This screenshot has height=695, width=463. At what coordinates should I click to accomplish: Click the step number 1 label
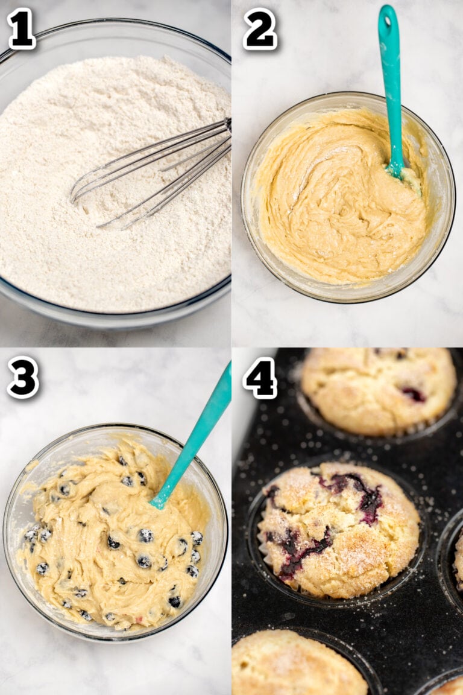21,28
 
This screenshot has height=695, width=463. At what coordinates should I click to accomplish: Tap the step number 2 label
259,28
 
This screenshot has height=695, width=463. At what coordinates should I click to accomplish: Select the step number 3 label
23,378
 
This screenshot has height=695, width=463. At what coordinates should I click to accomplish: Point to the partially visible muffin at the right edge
459,561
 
